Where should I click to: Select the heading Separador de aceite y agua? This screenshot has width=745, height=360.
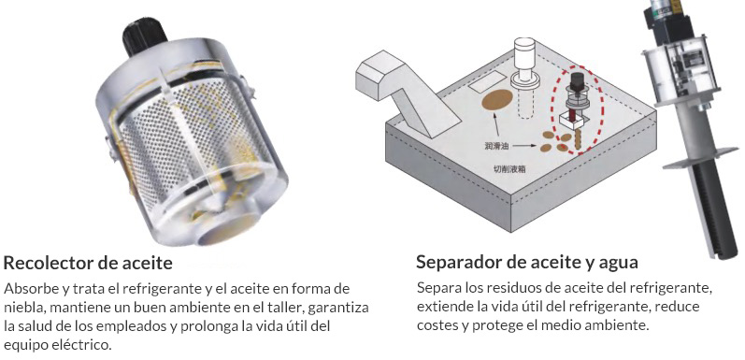click(x=527, y=261)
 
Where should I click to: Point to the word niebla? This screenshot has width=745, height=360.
click(x=26, y=307)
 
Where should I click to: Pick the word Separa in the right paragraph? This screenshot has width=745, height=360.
click(x=439, y=288)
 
